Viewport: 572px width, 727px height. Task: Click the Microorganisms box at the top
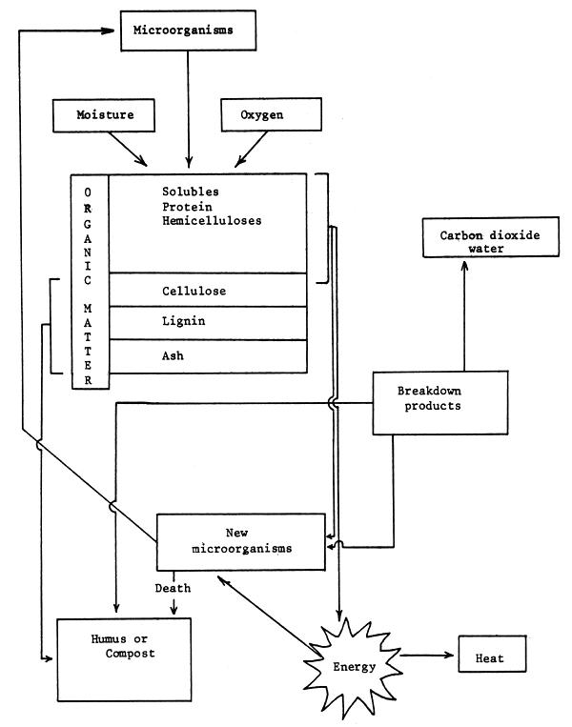(189, 30)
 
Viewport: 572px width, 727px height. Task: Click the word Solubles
(192, 191)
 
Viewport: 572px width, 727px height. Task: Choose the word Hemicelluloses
(212, 220)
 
